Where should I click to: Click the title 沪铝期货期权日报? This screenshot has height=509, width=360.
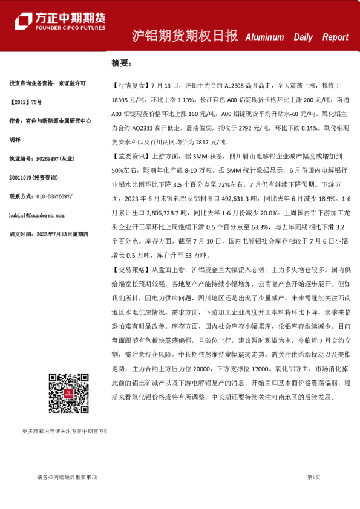coord(185,36)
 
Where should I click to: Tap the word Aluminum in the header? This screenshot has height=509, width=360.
coord(264,37)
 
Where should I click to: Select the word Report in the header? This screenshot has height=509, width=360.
coord(335,37)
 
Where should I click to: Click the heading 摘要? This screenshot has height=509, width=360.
coord(121,62)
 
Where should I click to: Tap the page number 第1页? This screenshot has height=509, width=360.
coord(314,477)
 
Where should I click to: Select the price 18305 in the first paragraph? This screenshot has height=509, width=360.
coord(123,99)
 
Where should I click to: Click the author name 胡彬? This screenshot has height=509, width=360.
coord(16,140)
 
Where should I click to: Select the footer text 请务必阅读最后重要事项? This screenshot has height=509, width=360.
coord(67,477)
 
